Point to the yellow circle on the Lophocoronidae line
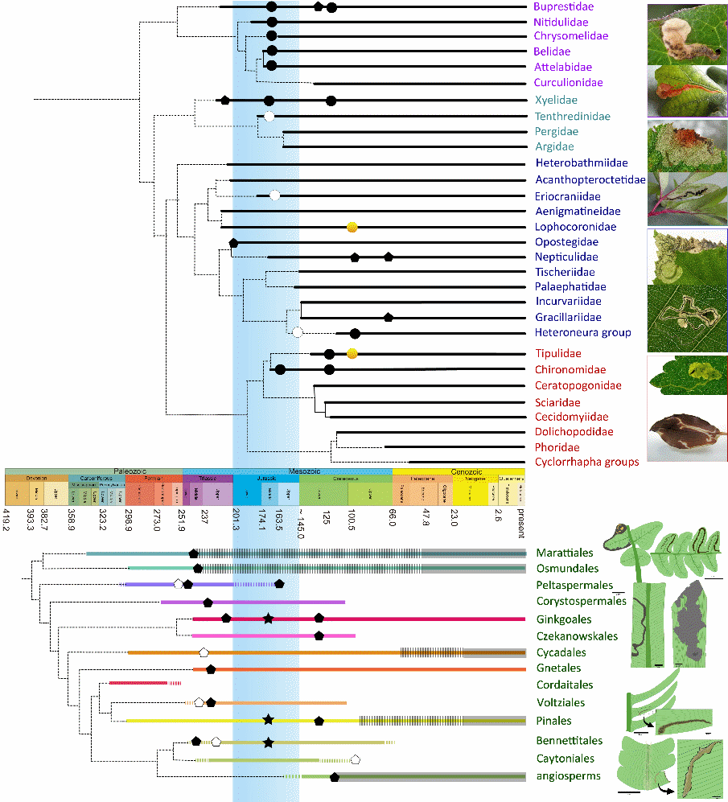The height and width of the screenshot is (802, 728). [352, 227]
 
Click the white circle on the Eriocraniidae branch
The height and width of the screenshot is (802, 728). [275, 195]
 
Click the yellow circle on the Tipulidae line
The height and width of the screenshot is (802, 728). [352, 353]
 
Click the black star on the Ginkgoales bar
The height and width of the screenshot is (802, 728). [268, 619]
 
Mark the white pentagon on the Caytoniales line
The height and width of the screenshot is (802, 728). [356, 759]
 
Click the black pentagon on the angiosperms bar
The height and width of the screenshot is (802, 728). [334, 776]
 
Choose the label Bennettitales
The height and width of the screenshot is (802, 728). [565, 740]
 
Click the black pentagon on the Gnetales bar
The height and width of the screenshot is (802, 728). [211, 668]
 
